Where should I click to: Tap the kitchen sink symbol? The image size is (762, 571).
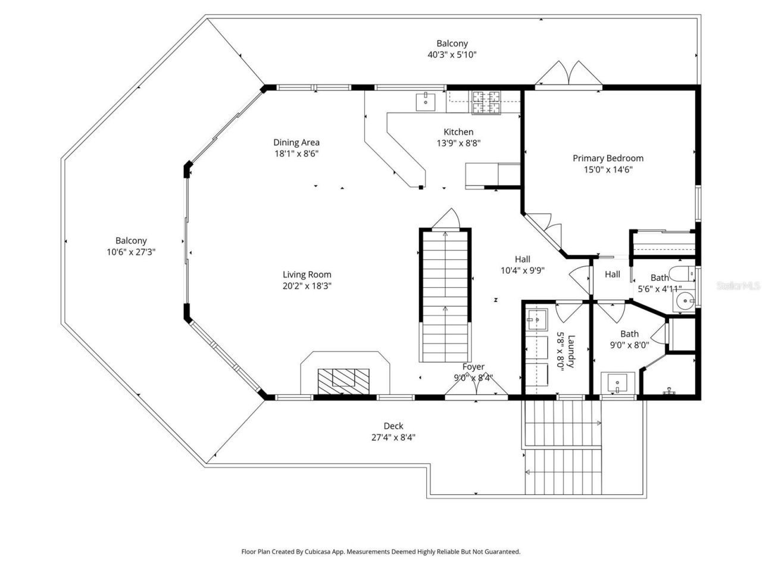point(426,102)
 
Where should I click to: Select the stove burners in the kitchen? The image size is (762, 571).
point(488,102)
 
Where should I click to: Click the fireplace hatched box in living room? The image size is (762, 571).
point(343,381)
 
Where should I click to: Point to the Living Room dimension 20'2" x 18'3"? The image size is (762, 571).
point(307,286)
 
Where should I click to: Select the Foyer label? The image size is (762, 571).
point(473,367)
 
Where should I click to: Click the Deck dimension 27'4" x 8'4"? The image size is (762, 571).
point(393,437)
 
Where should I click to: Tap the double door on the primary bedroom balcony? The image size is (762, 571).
point(569,73)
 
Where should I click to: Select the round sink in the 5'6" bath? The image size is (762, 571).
point(685,302)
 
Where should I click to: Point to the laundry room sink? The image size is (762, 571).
point(537,320)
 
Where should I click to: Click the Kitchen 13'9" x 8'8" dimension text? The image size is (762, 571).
point(458,143)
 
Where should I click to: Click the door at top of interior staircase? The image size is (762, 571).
point(446,219)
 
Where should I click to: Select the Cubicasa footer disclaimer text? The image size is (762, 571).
point(380,551)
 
